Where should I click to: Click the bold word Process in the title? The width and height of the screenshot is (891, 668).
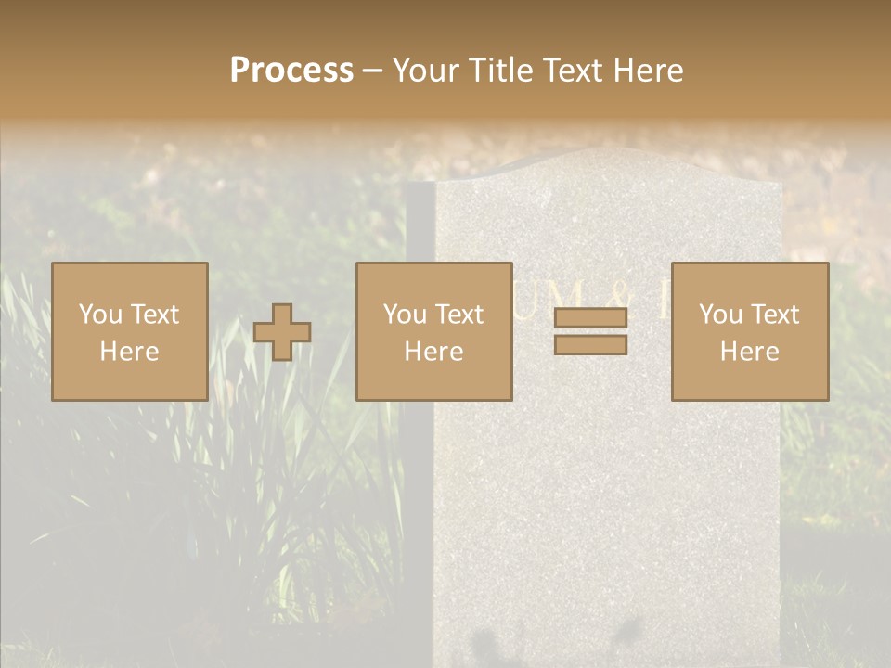[291, 71]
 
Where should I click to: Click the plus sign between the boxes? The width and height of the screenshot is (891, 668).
[282, 332]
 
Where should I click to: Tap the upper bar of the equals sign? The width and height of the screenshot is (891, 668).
[590, 317]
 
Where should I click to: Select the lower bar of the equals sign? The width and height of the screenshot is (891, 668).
[590, 345]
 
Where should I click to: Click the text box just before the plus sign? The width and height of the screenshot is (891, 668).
[129, 331]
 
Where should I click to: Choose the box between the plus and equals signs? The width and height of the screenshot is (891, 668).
[433, 331]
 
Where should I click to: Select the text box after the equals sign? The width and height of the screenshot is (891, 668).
[749, 331]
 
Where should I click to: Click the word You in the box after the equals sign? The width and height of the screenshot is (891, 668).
[720, 315]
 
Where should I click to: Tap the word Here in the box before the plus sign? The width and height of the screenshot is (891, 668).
[129, 352]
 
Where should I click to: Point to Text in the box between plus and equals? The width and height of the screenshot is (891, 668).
[458, 315]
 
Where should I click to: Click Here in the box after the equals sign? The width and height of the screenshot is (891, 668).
[749, 352]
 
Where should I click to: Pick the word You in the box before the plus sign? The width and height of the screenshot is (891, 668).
[100, 315]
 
